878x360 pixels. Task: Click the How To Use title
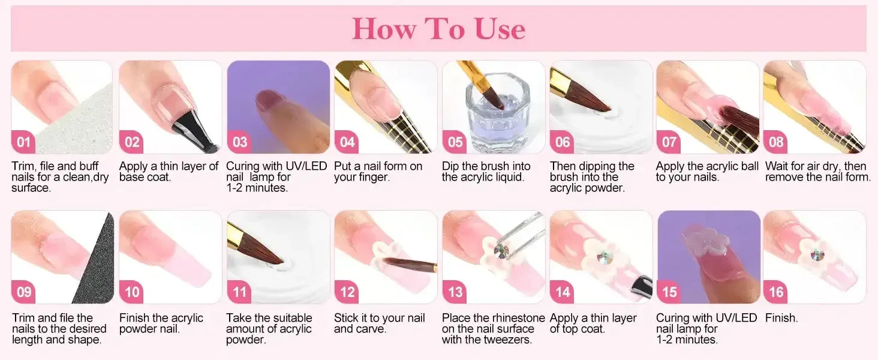(438, 29)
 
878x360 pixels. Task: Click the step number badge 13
(455, 292)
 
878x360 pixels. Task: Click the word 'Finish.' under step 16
(781, 318)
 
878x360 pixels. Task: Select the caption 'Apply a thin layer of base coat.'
(169, 172)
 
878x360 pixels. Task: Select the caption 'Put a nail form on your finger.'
(378, 172)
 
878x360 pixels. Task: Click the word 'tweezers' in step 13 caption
(503, 340)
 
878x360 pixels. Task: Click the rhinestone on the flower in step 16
(817, 255)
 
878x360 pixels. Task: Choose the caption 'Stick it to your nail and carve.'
(379, 323)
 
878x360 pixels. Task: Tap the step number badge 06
(563, 142)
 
